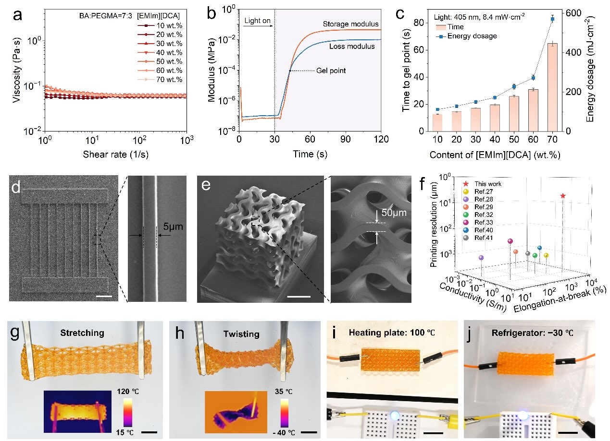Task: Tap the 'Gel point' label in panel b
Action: (x=331, y=71)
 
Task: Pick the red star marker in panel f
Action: (x=563, y=196)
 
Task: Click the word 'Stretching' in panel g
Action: (x=86, y=333)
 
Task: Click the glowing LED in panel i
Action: (x=395, y=416)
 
